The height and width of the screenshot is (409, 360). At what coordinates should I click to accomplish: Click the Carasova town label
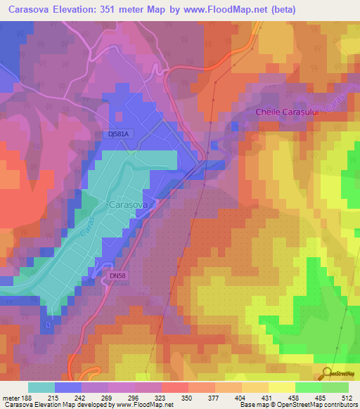(127, 204)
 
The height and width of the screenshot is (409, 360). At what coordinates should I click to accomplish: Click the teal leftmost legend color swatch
(41, 387)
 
